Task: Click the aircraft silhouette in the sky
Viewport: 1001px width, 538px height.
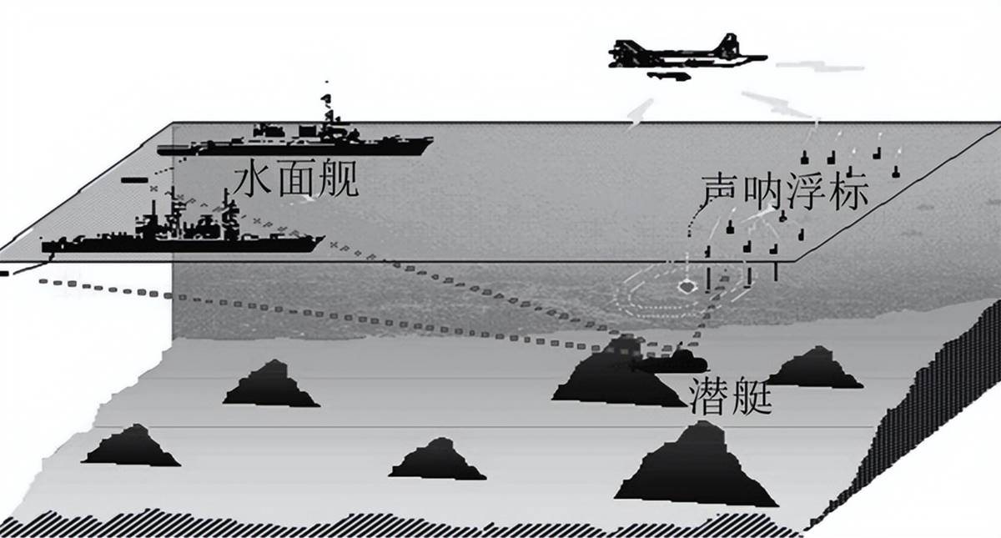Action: [687, 56]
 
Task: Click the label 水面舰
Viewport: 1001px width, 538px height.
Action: [297, 178]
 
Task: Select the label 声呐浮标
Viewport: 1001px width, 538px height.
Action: [784, 192]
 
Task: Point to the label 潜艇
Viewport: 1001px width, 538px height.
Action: [731, 396]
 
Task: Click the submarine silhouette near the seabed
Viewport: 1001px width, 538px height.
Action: [669, 363]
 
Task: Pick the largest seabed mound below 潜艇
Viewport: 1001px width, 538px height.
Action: [696, 465]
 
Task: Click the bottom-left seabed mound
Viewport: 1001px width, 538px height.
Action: [131, 446]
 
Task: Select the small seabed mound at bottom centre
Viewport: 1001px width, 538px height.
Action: [437, 460]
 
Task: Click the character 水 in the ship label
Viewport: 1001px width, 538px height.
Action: [253, 178]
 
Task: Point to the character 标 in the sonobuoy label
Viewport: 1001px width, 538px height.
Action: [849, 192]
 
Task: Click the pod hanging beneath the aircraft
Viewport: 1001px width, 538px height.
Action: [668, 77]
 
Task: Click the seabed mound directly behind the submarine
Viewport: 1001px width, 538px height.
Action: [619, 375]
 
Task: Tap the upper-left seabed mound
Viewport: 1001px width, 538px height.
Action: [271, 385]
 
